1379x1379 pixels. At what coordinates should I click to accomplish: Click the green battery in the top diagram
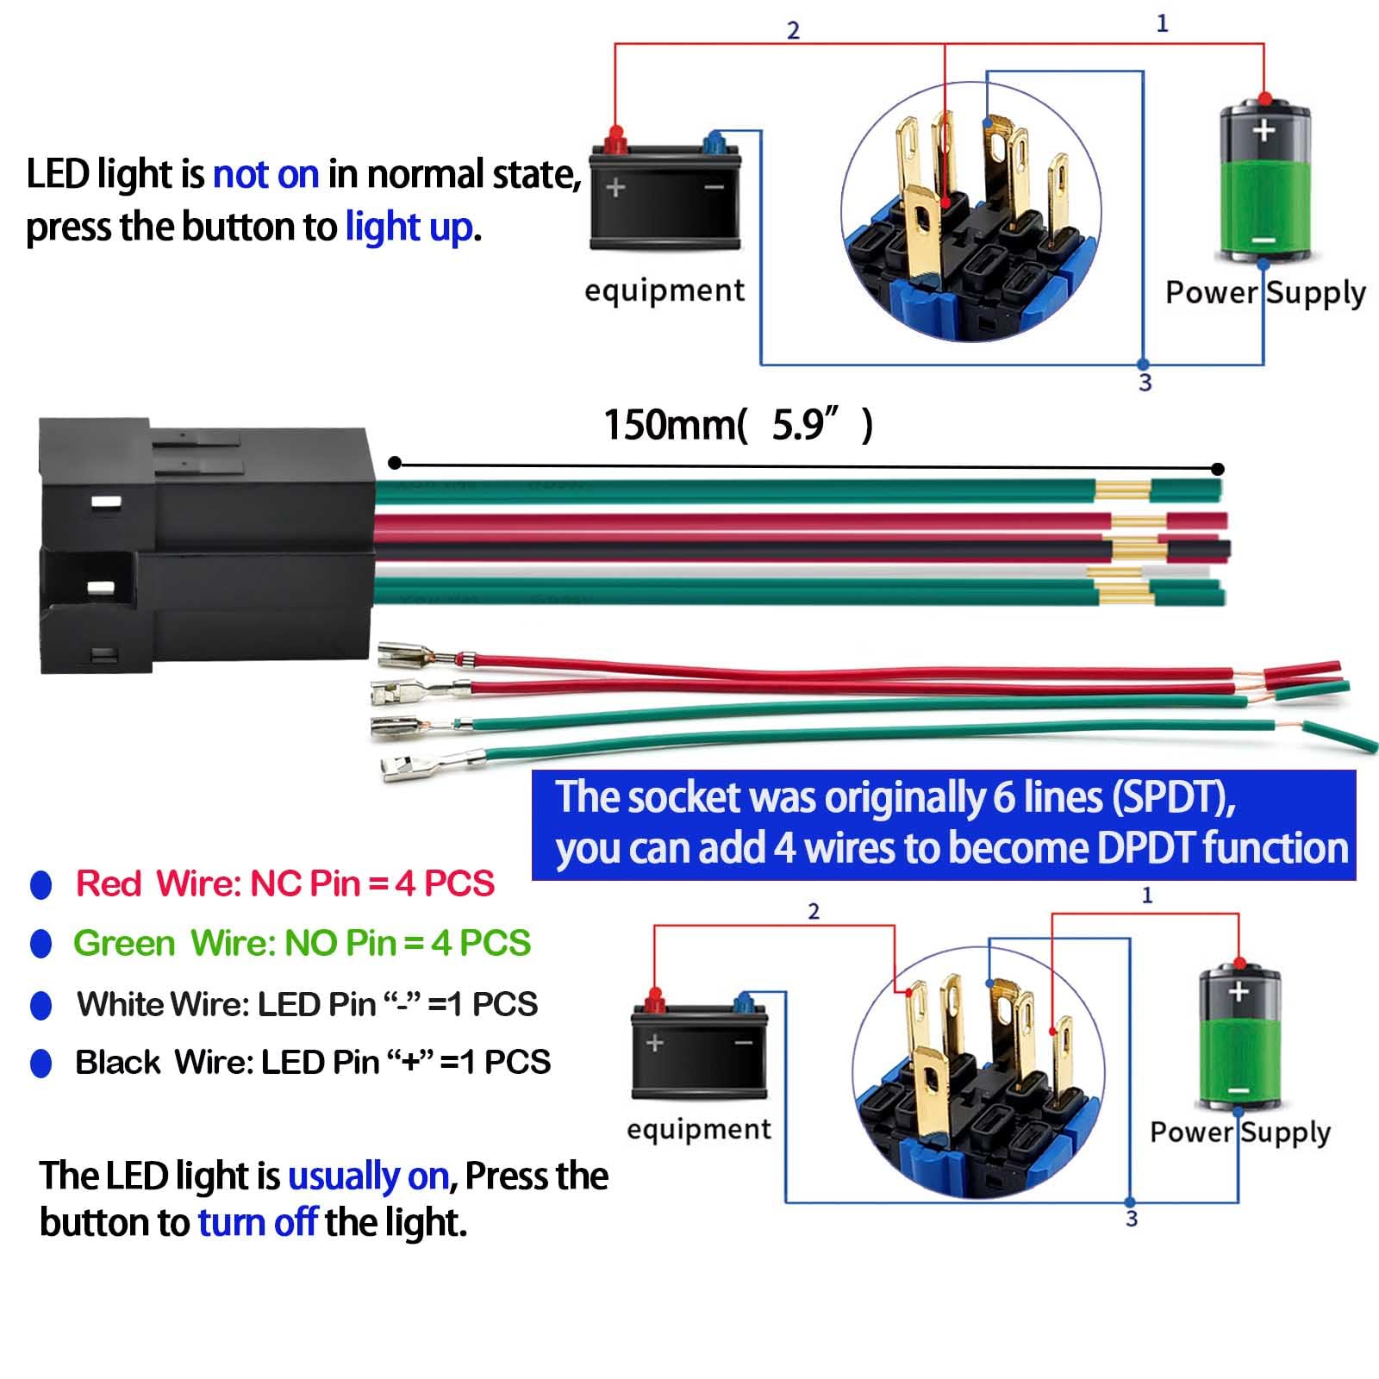(x=1264, y=183)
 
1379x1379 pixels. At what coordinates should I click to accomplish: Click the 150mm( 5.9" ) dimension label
(x=738, y=425)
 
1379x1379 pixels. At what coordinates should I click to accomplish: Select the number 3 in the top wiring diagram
(x=1145, y=383)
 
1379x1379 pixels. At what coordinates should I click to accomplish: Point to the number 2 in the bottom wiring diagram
(x=814, y=911)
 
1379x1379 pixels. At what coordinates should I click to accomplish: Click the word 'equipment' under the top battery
(x=664, y=290)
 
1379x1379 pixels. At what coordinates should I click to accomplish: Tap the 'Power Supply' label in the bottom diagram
(x=1239, y=1132)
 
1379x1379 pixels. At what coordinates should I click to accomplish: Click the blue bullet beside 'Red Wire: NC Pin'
(x=41, y=885)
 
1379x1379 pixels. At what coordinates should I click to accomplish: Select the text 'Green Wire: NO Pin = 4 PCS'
(x=302, y=943)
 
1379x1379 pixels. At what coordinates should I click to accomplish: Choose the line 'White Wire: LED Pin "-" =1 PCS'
(x=307, y=1004)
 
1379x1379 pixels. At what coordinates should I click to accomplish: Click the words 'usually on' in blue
(x=368, y=1176)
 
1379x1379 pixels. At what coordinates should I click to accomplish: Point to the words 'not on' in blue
(x=265, y=175)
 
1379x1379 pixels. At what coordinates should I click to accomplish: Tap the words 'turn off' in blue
(x=257, y=1222)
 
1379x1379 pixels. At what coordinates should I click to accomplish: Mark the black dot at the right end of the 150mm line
(x=1217, y=469)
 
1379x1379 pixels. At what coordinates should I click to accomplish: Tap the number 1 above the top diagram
(x=1162, y=23)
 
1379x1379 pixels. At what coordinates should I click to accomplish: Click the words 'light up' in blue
(x=409, y=228)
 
